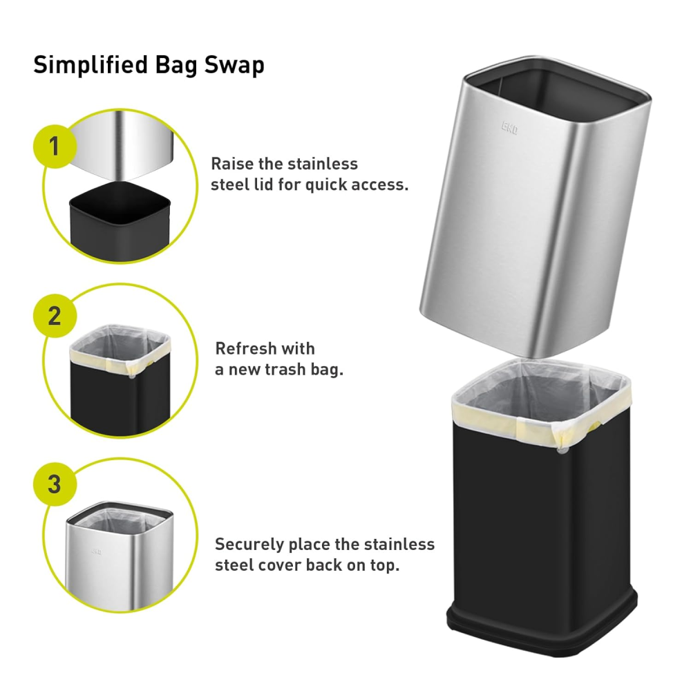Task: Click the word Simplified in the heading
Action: [x=91, y=65]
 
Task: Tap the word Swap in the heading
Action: [x=234, y=66]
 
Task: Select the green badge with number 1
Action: [x=55, y=146]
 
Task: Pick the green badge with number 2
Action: [x=55, y=316]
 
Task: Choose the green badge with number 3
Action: [x=55, y=484]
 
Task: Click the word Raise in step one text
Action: [x=233, y=164]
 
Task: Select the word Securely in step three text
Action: [x=249, y=545]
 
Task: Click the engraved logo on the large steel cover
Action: [x=509, y=129]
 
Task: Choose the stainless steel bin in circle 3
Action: [x=120, y=556]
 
